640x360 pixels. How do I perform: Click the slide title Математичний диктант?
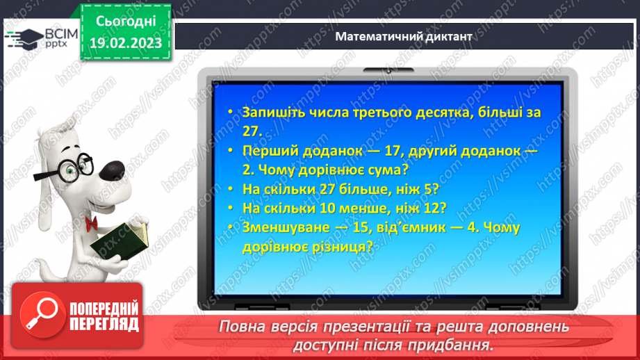click(x=403, y=36)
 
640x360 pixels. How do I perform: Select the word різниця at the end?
click(x=343, y=245)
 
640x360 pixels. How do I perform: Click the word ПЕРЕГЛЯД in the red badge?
click(x=104, y=324)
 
